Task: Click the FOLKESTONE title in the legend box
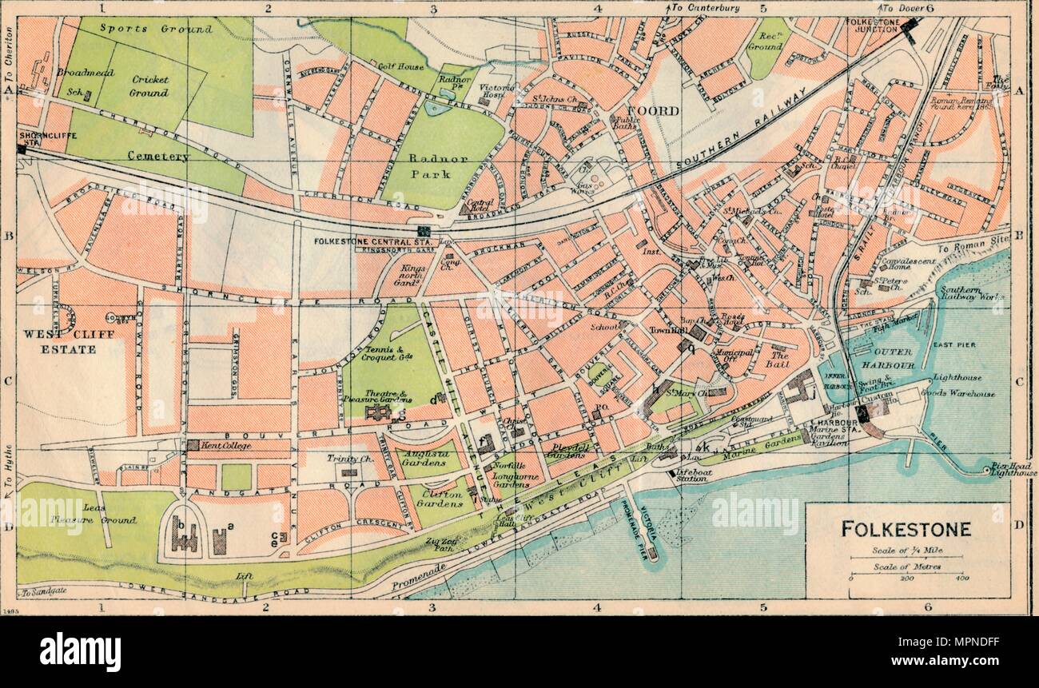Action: click(x=906, y=529)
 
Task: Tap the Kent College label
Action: click(x=226, y=444)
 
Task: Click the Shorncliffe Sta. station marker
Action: click(x=22, y=149)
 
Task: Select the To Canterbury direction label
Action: click(x=705, y=8)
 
